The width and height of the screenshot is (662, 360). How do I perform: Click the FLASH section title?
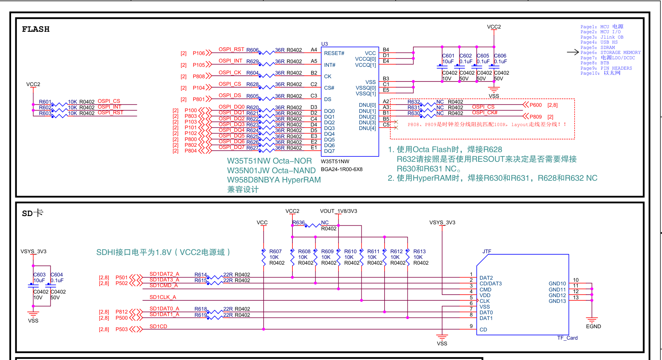(x=36, y=29)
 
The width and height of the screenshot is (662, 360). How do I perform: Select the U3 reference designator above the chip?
(x=324, y=44)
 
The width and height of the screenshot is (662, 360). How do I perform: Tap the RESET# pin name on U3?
(x=334, y=53)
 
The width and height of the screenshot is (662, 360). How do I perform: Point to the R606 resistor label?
(x=252, y=50)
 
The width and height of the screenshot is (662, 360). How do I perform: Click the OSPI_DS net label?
(x=230, y=95)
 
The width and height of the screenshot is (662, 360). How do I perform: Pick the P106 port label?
(x=199, y=53)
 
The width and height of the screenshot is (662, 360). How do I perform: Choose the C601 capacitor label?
(x=448, y=56)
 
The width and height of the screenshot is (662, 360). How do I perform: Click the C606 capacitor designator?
(x=500, y=56)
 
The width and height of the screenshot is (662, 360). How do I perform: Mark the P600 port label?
(x=536, y=105)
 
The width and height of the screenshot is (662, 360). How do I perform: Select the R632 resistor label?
(x=414, y=102)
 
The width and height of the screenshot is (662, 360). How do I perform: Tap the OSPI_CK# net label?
(x=485, y=112)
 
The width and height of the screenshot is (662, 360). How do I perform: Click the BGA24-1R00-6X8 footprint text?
(x=342, y=169)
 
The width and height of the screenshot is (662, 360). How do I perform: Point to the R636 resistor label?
(x=299, y=222)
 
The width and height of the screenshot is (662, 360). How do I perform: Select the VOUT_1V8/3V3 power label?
(x=338, y=211)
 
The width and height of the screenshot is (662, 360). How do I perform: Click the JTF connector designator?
(x=487, y=251)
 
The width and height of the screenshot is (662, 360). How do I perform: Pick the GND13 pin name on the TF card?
(x=557, y=301)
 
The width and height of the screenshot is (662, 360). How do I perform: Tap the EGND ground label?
(x=593, y=326)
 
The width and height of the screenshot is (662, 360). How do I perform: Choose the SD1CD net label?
(x=158, y=326)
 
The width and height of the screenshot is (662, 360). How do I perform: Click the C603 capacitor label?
(x=40, y=275)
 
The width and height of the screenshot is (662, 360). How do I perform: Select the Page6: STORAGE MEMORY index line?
(x=611, y=52)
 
